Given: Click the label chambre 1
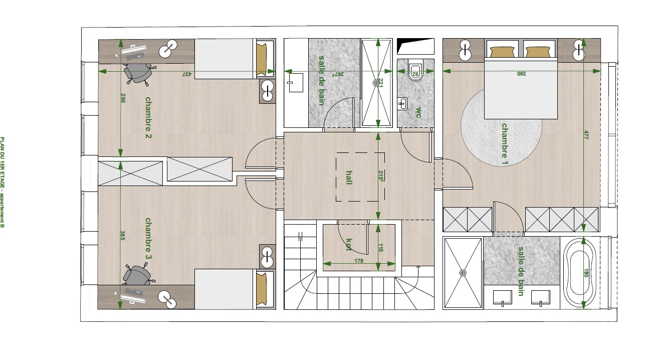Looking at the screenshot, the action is pyautogui.click(x=505, y=144).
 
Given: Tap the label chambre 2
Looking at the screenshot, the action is pyautogui.click(x=148, y=117).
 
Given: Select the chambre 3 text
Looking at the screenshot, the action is pyautogui.click(x=148, y=239).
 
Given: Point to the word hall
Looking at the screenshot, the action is pyautogui.click(x=349, y=177).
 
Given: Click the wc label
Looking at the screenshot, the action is pyautogui.click(x=418, y=113).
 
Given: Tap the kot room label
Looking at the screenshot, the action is pyautogui.click(x=349, y=245).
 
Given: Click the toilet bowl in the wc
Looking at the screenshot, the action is pyautogui.click(x=415, y=70).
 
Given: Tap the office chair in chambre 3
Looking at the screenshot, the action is pyautogui.click(x=137, y=274).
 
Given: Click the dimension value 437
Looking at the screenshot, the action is pyautogui.click(x=187, y=74).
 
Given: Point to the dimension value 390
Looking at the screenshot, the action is pyautogui.click(x=521, y=74).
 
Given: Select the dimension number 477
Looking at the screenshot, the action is pyautogui.click(x=586, y=135).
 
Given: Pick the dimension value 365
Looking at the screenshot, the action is pyautogui.click(x=123, y=235).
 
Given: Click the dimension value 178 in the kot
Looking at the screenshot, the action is pyautogui.click(x=359, y=261).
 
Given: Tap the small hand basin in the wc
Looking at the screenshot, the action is pyautogui.click(x=402, y=104).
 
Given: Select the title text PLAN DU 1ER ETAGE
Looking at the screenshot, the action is pyautogui.click(x=3, y=164).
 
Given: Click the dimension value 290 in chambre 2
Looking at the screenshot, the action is pyautogui.click(x=123, y=98).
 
